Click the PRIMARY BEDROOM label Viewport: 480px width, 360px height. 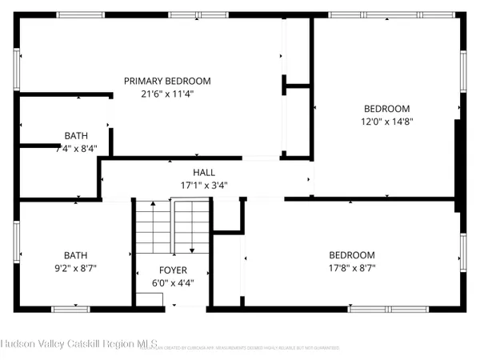tap(167, 81)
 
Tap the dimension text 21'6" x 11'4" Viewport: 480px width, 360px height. tap(167, 94)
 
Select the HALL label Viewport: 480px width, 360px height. tap(204, 173)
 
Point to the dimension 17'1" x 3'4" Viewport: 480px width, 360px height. tap(204, 186)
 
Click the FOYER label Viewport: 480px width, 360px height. tap(172, 270)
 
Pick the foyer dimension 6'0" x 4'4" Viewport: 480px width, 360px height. tap(172, 282)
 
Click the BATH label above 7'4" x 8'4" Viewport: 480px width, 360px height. tap(76, 136)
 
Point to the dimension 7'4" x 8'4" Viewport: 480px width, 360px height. tap(76, 149)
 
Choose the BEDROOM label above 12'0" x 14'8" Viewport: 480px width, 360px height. tap(387, 109)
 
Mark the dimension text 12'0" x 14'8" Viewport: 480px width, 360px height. tap(387, 122)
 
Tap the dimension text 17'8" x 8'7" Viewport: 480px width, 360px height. tap(351, 268)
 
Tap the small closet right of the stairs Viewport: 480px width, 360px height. tap(229, 215)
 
